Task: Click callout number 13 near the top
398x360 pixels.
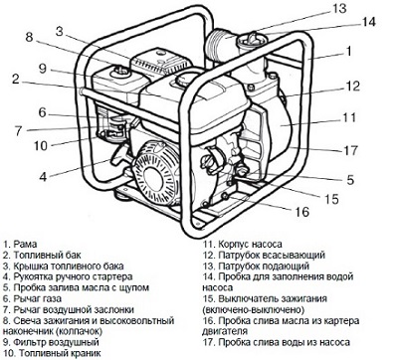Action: (339, 8)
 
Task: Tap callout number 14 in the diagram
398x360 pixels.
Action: (368, 22)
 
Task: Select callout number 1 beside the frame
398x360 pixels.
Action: (348, 52)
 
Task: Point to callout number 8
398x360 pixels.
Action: (30, 37)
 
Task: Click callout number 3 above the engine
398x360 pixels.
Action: (60, 32)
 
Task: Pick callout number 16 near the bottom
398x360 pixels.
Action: (302, 212)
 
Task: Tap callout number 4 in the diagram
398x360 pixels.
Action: (43, 177)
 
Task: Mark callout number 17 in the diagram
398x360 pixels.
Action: (350, 151)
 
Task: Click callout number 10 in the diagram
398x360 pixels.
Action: (41, 145)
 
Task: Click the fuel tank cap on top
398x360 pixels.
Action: (183, 79)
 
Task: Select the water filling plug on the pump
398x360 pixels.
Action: (249, 39)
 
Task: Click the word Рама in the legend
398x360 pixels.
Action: (25, 245)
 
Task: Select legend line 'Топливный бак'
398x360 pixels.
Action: (42, 256)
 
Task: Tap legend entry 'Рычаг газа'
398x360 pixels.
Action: (33, 299)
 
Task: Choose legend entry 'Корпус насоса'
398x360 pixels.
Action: (243, 245)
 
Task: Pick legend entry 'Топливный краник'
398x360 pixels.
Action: (52, 353)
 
